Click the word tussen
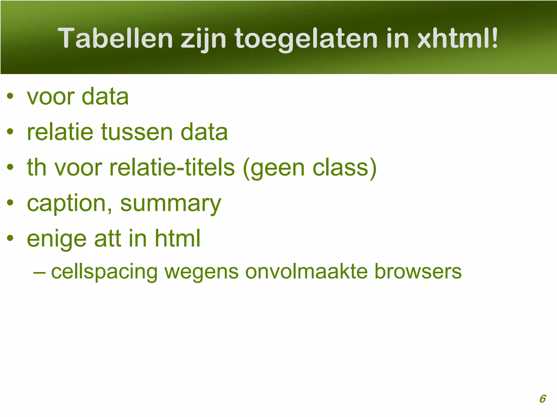pyautogui.click(x=137, y=132)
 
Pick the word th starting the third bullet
pyautogui.click(x=37, y=167)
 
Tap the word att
pyautogui.click(x=107, y=239)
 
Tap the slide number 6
pyautogui.click(x=542, y=399)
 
